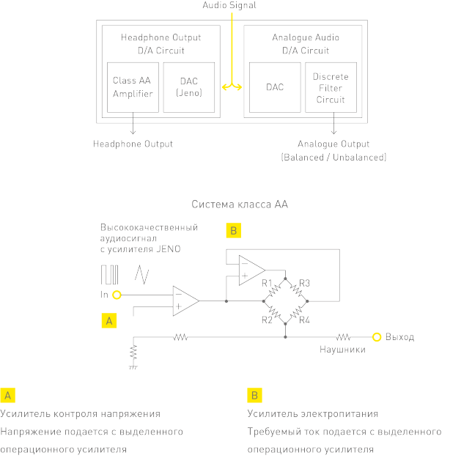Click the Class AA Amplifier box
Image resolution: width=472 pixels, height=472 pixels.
(x=133, y=87)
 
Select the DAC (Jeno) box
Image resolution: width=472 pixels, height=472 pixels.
(x=188, y=87)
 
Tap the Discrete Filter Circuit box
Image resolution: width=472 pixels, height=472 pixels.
(x=331, y=87)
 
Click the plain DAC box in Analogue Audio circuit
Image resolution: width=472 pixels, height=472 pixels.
(x=275, y=87)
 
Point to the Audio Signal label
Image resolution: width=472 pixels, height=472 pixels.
(x=230, y=5)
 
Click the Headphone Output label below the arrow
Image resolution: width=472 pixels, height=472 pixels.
(x=133, y=144)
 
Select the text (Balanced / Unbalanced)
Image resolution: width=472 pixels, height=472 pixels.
(x=333, y=157)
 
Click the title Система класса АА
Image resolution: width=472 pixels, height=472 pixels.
(x=240, y=204)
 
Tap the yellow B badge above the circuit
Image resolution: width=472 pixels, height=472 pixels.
(x=233, y=231)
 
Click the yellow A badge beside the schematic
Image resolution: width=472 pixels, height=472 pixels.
(x=108, y=320)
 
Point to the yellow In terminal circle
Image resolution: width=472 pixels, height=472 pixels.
(x=117, y=295)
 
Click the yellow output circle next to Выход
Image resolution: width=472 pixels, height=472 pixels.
(x=377, y=337)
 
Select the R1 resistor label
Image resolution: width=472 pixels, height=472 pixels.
(x=266, y=283)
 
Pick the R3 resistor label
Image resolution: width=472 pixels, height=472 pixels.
(x=305, y=283)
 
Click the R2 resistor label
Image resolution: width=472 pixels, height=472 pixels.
(x=266, y=319)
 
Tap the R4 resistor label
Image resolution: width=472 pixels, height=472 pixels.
(x=305, y=319)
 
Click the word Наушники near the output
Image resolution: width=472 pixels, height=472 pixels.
(x=342, y=350)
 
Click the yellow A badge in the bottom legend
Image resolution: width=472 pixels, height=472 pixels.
(x=8, y=396)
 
